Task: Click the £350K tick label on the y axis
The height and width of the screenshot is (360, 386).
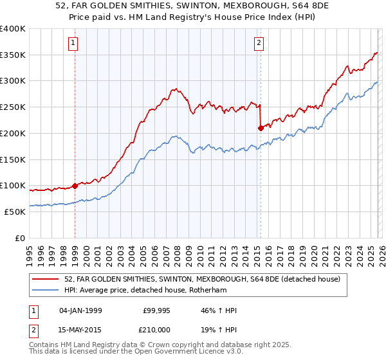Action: click(x=12, y=55)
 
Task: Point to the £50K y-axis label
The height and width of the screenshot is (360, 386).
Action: click(x=14, y=212)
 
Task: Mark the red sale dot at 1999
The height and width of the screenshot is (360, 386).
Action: click(x=75, y=186)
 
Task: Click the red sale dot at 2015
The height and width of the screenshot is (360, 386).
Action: click(x=261, y=128)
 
